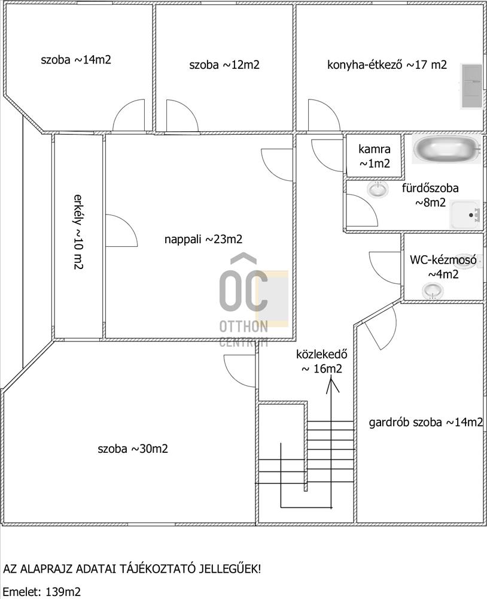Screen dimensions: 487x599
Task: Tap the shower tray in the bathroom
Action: coord(465,214)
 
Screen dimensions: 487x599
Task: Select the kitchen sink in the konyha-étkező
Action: coord(471,86)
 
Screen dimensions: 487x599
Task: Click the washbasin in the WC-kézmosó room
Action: coord(433,291)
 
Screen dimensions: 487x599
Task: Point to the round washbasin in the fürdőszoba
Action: coord(378,189)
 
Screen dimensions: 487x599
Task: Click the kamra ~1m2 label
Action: coord(375,156)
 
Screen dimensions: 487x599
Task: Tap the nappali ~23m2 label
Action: coord(203,239)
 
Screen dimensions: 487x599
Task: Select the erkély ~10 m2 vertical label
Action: coord(78,232)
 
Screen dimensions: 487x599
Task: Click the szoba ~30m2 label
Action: coord(133,448)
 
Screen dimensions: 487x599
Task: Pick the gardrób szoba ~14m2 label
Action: coord(426,422)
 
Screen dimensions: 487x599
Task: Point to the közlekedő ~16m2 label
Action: coord(322,361)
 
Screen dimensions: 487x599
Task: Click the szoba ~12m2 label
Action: coord(224,65)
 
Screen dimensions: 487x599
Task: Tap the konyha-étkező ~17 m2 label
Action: coord(387,65)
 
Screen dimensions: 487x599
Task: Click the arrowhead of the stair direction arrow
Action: coord(331,384)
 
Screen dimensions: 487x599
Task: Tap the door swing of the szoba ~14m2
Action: coord(129,115)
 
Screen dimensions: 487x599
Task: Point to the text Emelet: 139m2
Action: coord(42,592)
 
